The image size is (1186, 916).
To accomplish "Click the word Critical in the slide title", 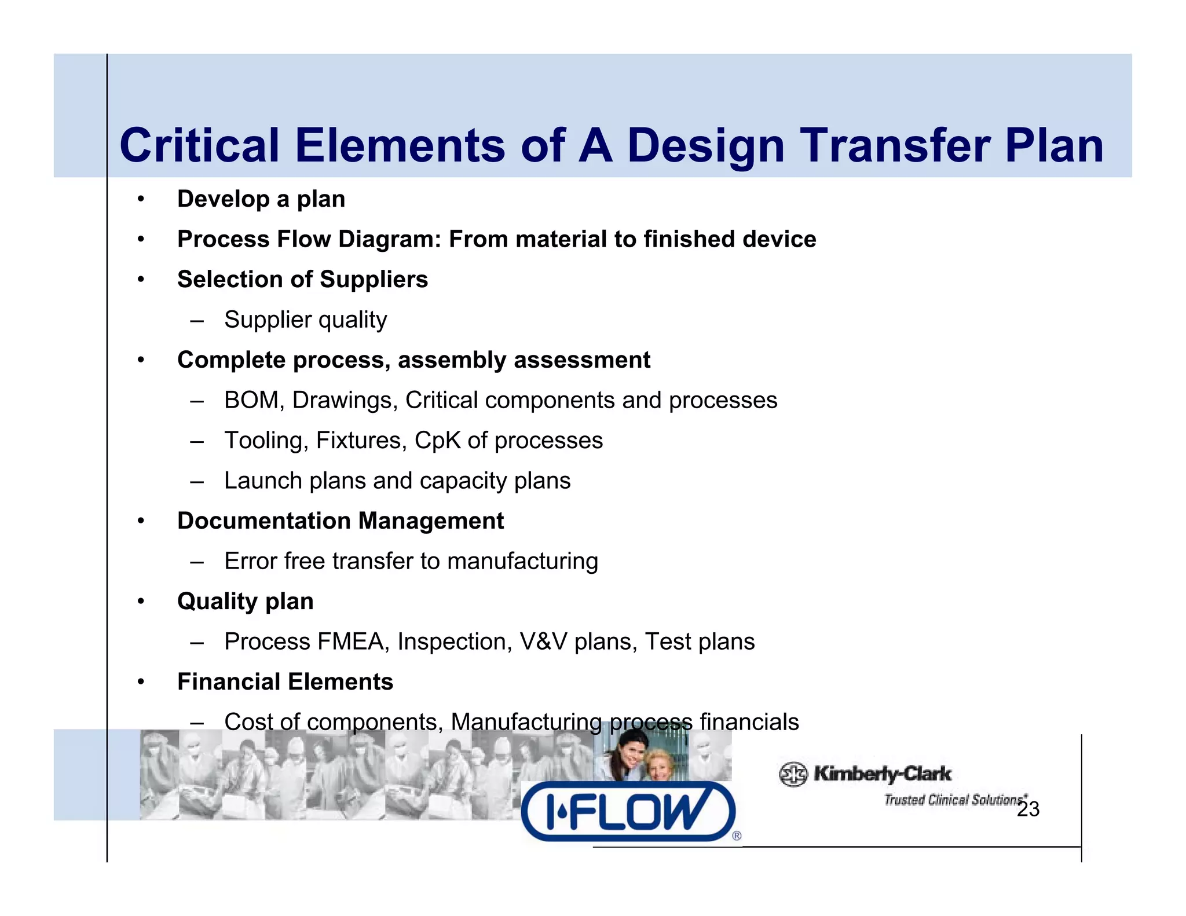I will pyautogui.click(x=200, y=145).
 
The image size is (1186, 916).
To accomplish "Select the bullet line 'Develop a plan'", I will pyautogui.click(x=261, y=199).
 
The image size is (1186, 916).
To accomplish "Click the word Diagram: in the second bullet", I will pyautogui.click(x=390, y=239).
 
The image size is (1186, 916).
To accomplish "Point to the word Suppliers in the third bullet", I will pyautogui.click(x=374, y=280).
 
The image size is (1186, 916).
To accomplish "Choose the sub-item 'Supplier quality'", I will pyautogui.click(x=305, y=320).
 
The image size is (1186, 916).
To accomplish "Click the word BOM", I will pyautogui.click(x=251, y=400).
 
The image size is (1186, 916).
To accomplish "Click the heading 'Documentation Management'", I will pyautogui.click(x=341, y=521).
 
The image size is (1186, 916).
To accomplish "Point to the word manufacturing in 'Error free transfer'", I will pyautogui.click(x=522, y=562).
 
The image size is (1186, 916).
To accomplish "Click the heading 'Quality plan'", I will pyautogui.click(x=245, y=602).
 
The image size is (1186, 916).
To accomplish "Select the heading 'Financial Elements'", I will pyautogui.click(x=285, y=682).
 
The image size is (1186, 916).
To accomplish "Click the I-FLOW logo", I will pyautogui.click(x=628, y=811).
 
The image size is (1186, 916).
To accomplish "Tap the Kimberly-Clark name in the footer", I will pyautogui.click(x=882, y=774).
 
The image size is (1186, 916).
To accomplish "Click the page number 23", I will pyautogui.click(x=1028, y=809).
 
